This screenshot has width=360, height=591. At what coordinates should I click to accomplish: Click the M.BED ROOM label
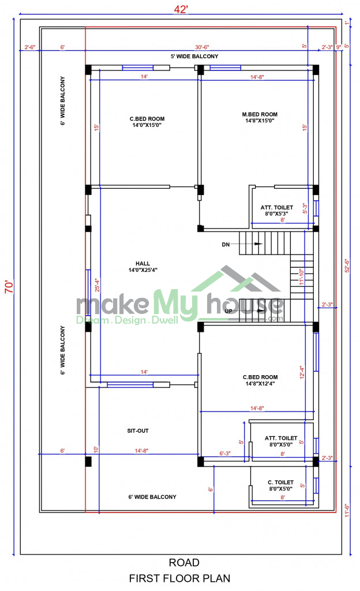tap(260, 114)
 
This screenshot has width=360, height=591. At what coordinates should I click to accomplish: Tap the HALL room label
tap(142, 263)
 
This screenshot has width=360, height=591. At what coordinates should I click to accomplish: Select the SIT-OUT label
tap(138, 431)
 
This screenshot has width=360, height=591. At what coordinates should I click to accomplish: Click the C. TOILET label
tap(280, 482)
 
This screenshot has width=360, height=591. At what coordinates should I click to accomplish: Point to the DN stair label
tap(226, 245)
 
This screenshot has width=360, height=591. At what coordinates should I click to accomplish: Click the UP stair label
tap(228, 311)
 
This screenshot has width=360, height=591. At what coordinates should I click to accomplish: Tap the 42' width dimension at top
tap(181, 9)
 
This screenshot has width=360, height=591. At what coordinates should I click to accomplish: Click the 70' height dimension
tap(9, 286)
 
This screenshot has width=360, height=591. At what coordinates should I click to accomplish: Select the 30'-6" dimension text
tap(202, 47)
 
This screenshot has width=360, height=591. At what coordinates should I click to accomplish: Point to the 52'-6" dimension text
tap(347, 265)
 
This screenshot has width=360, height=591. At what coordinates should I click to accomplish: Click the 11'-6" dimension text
tap(347, 510)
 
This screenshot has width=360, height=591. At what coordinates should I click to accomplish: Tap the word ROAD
tap(184, 563)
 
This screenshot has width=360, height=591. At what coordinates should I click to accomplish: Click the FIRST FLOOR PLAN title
tap(179, 578)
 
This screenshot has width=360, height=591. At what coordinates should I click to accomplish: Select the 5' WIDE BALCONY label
tap(194, 56)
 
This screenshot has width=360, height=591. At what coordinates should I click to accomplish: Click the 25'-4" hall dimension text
tap(97, 285)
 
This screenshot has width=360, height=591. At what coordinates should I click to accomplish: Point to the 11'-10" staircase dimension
tap(301, 276)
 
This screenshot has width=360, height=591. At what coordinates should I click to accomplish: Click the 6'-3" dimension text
tap(225, 454)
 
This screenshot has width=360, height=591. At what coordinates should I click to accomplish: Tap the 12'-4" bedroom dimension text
tap(302, 372)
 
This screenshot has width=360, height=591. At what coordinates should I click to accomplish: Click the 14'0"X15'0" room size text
tap(147, 125)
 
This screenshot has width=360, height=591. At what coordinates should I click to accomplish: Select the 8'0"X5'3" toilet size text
tap(277, 214)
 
